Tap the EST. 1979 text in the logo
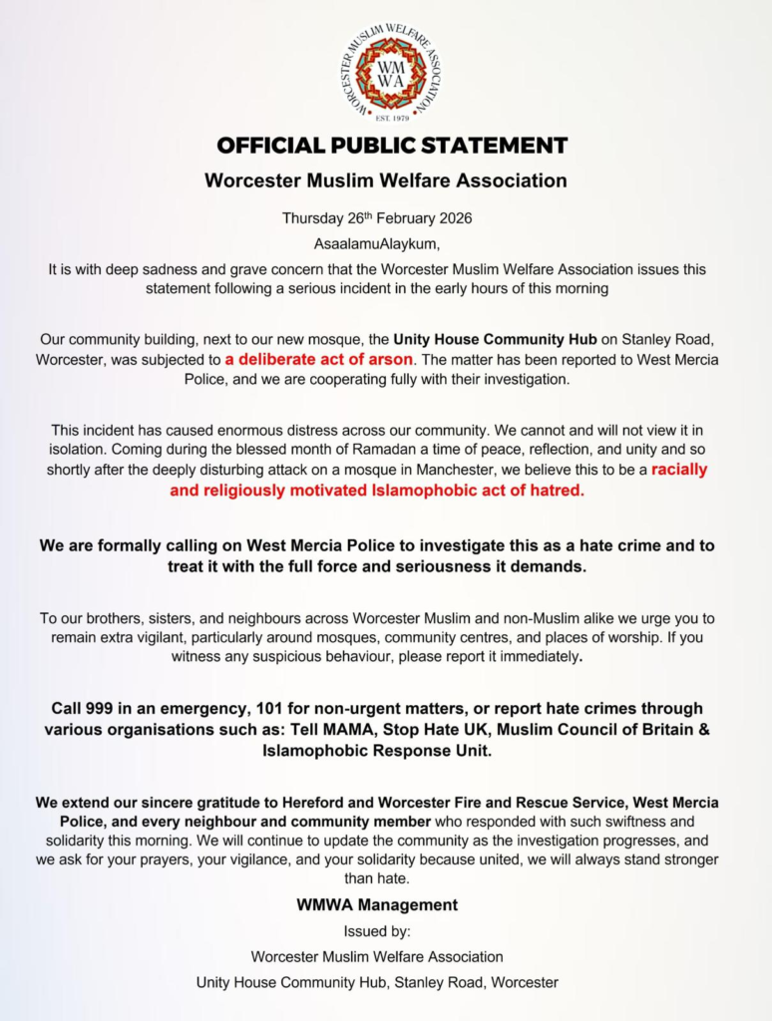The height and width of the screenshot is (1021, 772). point(390,118)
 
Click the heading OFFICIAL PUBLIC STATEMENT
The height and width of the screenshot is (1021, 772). point(392,146)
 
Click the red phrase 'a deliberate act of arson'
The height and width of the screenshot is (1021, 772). point(313,359)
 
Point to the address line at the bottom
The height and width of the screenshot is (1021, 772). point(377,982)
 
